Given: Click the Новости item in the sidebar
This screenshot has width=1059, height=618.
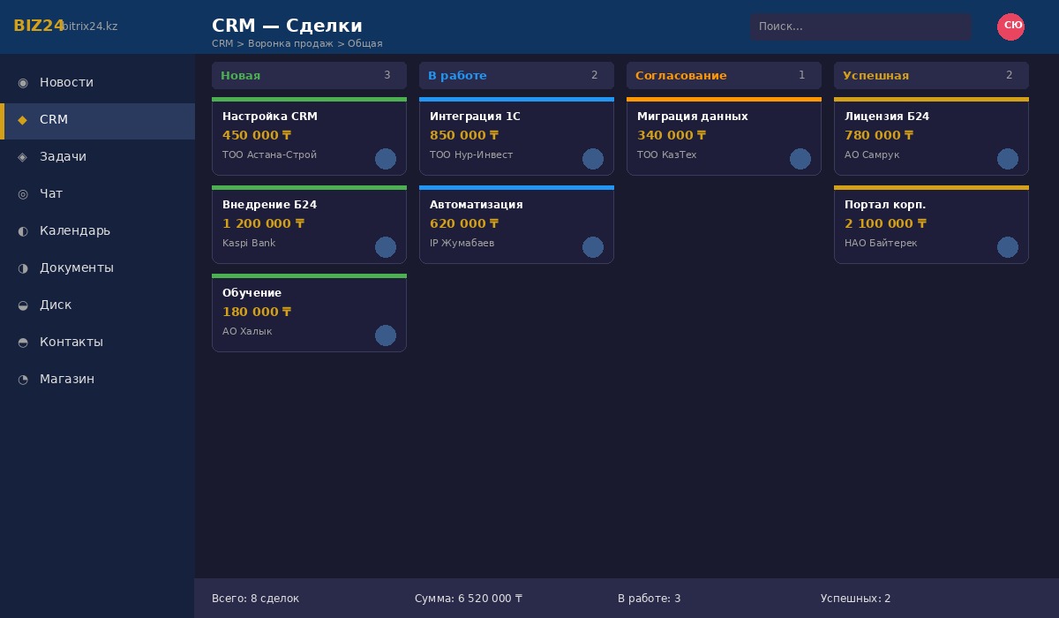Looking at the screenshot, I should tap(66, 82).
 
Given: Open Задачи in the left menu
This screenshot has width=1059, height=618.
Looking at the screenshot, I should tap(63, 156).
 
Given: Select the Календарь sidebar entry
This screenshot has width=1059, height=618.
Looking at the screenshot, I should tap(74, 230).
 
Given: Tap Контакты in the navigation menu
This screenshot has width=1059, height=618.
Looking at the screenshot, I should tap(71, 342).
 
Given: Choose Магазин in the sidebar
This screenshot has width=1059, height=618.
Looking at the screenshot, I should tap(66, 379).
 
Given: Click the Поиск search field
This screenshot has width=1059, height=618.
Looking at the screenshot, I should tap(860, 26).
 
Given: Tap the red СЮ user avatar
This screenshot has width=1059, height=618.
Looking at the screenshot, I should tap(1010, 26).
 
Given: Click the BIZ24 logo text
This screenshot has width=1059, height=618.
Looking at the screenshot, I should tap(39, 26).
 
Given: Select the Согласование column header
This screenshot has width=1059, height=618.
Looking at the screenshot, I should tap(680, 76).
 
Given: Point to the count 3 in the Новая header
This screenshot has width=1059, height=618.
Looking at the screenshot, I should tap(387, 76).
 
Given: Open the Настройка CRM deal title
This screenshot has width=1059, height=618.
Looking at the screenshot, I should tap(270, 117).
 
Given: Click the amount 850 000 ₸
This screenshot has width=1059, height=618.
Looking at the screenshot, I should tap(464, 135).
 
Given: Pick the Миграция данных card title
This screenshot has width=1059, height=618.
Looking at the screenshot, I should tap(693, 117).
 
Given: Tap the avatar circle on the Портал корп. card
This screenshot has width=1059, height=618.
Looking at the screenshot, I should tap(1008, 247).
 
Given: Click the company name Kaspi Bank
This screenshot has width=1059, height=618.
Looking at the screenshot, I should tap(249, 243).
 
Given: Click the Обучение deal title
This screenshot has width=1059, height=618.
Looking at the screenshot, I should tap(252, 293).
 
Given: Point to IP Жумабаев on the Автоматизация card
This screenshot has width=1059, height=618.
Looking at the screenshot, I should tap(462, 243).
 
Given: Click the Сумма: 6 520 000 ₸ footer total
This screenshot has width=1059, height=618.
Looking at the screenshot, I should tap(469, 599).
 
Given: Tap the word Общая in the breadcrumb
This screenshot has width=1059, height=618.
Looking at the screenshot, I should tap(365, 43).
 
